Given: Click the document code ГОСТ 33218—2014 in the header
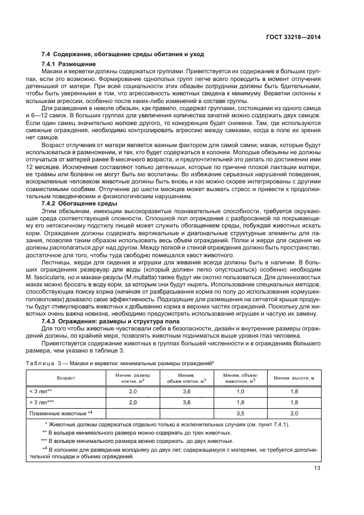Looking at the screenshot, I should [295, 37].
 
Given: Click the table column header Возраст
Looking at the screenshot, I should [64, 378].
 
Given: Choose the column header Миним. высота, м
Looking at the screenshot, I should [294, 378].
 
